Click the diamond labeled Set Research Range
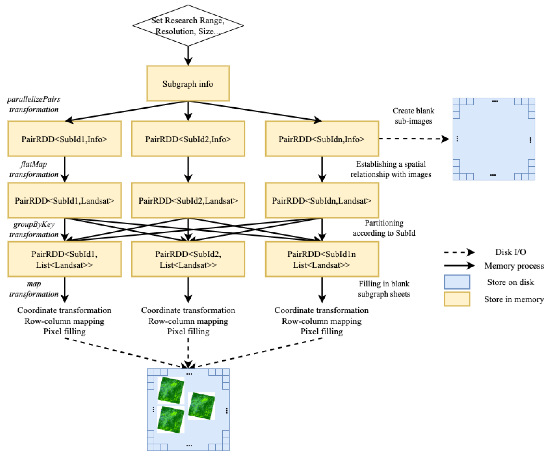click(x=188, y=26)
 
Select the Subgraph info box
click(x=188, y=84)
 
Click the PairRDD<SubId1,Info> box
click(x=64, y=139)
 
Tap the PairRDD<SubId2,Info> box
click(x=188, y=139)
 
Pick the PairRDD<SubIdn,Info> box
click(x=322, y=139)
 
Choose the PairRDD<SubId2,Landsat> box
click(x=188, y=201)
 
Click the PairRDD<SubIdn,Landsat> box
click(x=322, y=201)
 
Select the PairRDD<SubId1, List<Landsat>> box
click(x=64, y=259)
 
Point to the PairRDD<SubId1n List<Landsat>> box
click(x=322, y=259)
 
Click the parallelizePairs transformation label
click(x=34, y=104)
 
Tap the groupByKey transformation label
click(x=34, y=229)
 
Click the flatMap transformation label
click(x=34, y=169)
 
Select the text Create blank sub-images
click(x=413, y=116)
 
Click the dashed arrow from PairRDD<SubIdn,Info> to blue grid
click(x=414, y=139)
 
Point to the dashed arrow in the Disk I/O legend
click(x=459, y=252)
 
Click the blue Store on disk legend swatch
click(x=457, y=282)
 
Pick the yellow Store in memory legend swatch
click(x=457, y=299)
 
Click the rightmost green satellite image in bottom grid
click(x=202, y=406)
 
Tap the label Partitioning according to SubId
click(x=384, y=228)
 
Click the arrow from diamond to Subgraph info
click(x=188, y=56)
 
